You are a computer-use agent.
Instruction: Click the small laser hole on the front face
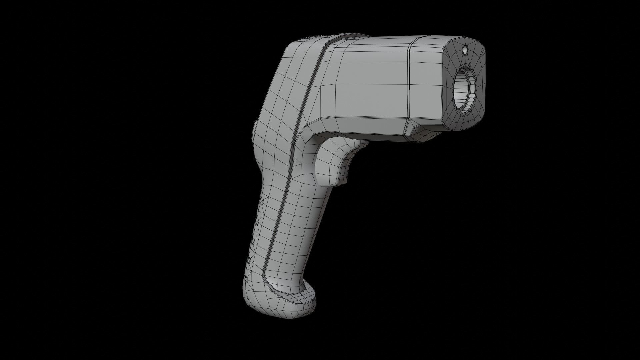coord(465,50)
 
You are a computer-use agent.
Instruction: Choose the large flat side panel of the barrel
coord(370,83)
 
